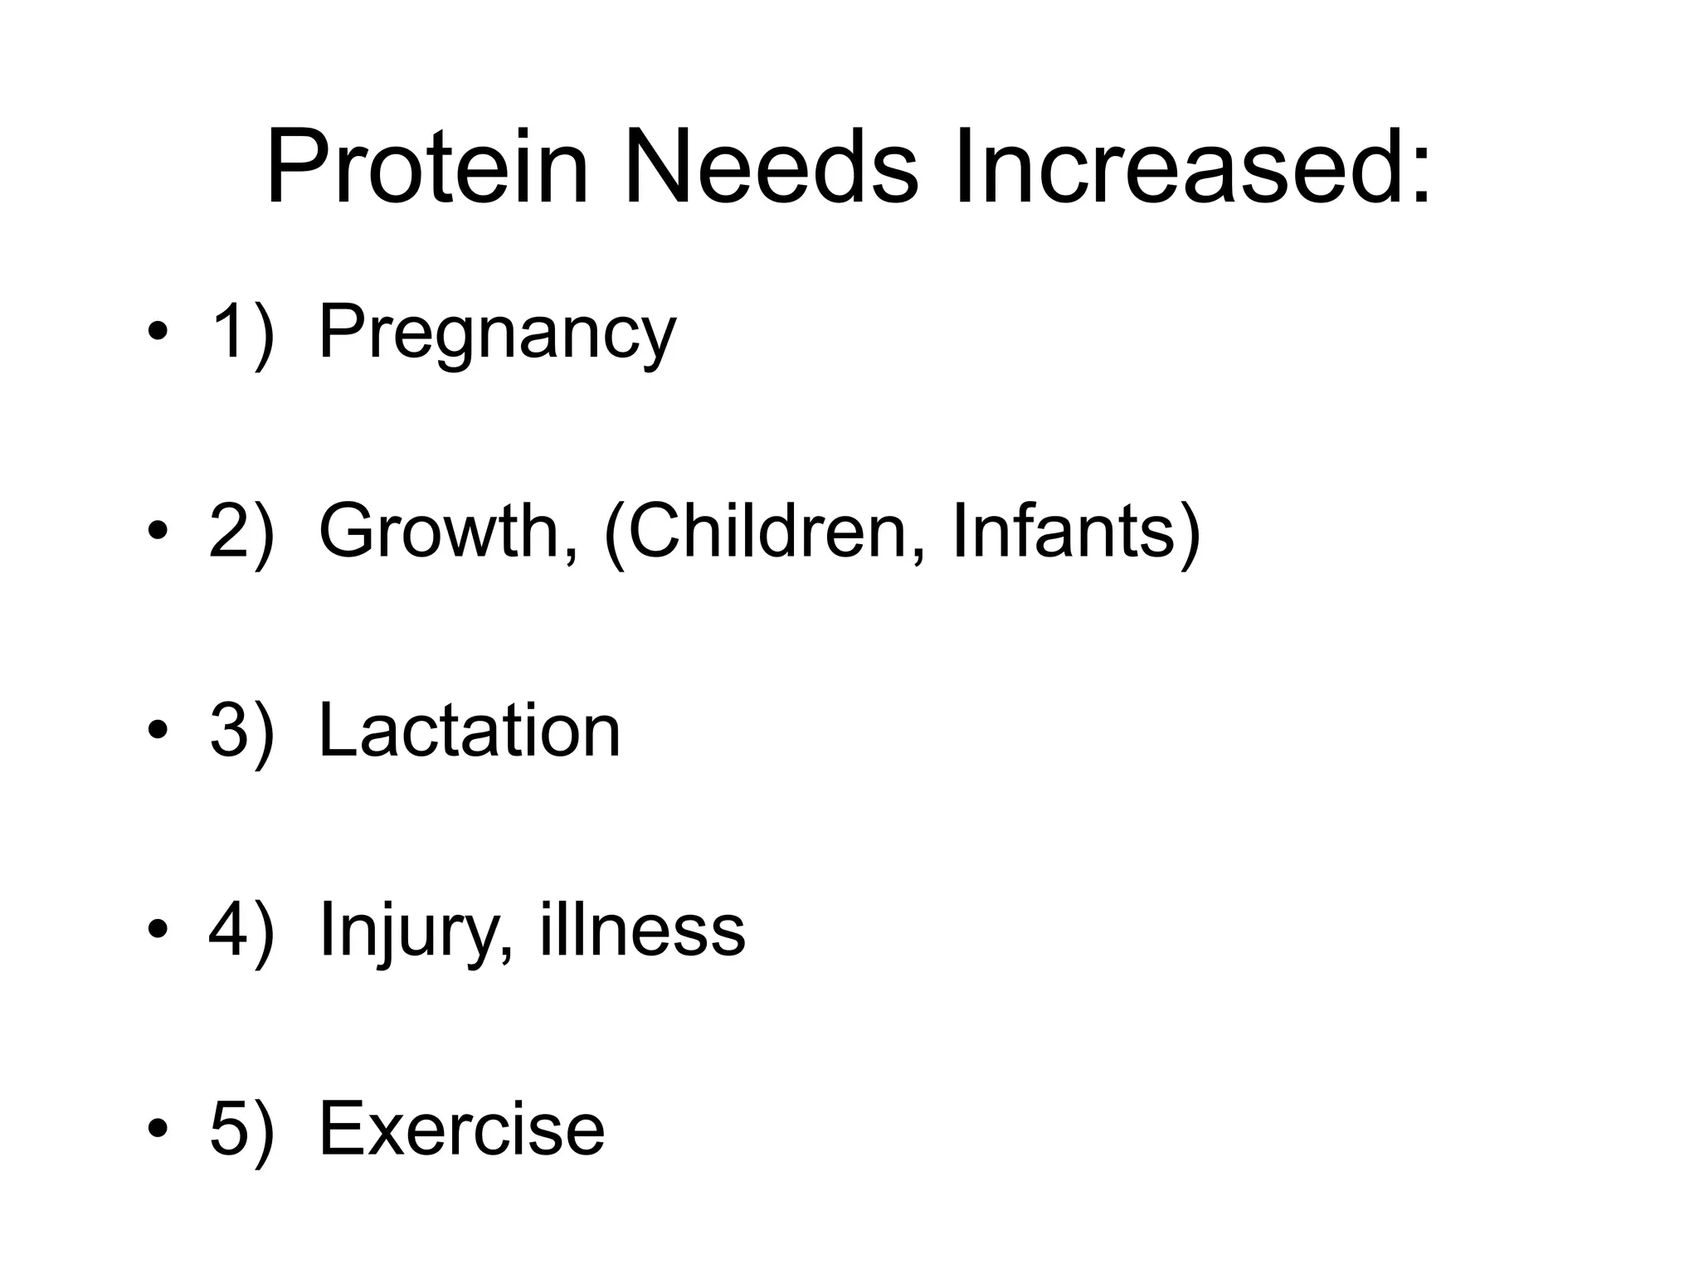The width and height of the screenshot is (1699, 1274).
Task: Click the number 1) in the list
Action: pyautogui.click(x=241, y=332)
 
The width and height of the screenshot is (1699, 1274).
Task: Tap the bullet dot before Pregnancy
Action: pyautogui.click(x=157, y=333)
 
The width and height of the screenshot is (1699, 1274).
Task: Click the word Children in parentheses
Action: pyautogui.click(x=776, y=531)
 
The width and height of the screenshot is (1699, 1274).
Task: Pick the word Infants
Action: pyautogui.click(x=1064, y=531)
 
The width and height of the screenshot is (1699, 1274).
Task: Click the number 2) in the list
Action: pyautogui.click(x=241, y=531)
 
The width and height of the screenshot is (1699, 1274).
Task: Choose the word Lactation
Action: pyautogui.click(x=469, y=730)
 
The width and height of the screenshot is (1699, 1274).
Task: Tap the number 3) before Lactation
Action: pyautogui.click(x=241, y=730)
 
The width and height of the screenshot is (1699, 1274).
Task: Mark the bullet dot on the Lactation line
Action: pyautogui.click(x=157, y=732)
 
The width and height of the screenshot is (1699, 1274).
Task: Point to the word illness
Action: pyautogui.click(x=643, y=929)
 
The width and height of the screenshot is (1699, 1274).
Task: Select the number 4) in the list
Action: pyautogui.click(x=241, y=929)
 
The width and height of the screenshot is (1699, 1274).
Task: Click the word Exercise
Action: pyautogui.click(x=461, y=1128)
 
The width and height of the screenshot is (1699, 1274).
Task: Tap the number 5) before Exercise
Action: pyautogui.click(x=241, y=1128)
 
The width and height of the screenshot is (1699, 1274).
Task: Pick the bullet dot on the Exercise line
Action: pyautogui.click(x=157, y=1130)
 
